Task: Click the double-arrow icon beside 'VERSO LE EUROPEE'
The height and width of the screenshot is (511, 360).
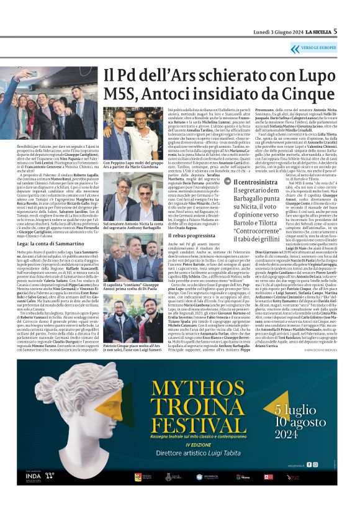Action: point(294,49)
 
